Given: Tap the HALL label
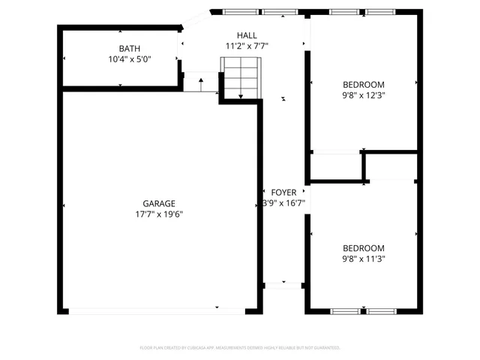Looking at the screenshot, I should click(x=247, y=35).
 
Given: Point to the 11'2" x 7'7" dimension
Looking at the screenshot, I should click(x=247, y=46).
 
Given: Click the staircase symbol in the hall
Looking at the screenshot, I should click(x=240, y=78).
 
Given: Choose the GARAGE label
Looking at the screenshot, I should click(x=159, y=203).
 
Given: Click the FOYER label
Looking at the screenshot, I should click(x=283, y=192).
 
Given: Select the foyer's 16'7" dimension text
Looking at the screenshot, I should click(x=283, y=202).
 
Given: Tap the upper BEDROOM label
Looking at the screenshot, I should click(x=364, y=84).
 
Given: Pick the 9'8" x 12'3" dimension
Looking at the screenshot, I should click(x=364, y=94).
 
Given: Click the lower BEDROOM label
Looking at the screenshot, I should click(x=364, y=248).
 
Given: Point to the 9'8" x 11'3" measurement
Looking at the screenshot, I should click(x=364, y=259).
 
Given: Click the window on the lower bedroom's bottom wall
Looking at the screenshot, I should click(x=363, y=310).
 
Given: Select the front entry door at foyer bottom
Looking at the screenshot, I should click(x=283, y=285).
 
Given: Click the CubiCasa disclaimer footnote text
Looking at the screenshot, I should click(x=240, y=348).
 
